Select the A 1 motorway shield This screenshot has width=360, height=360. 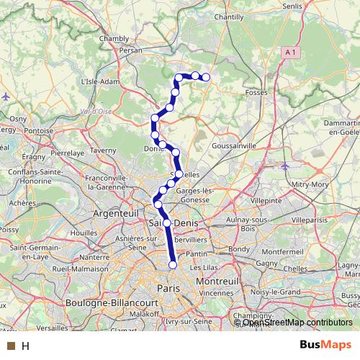point(290,53)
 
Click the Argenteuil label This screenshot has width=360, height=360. point(115,214)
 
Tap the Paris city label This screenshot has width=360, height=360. point(167,287)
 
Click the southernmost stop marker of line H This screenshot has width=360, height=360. point(173,265)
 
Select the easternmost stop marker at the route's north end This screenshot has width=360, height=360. point(205,77)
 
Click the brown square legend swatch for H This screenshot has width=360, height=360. point(10,346)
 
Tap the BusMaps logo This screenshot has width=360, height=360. point(326,346)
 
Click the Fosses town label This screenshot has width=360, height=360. point(256,93)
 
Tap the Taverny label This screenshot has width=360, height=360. point(103,150)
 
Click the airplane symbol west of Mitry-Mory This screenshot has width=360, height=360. point(286,166)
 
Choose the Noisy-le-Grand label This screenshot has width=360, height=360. point(280,292)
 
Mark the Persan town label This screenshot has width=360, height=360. point(131,51)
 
